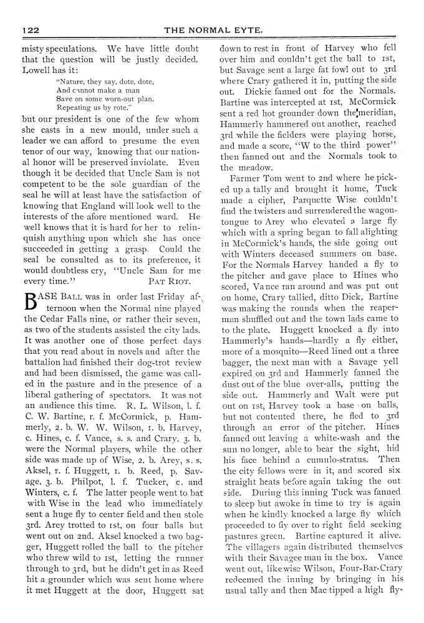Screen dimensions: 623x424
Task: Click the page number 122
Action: (31, 29)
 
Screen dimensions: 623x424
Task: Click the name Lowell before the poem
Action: (37, 71)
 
